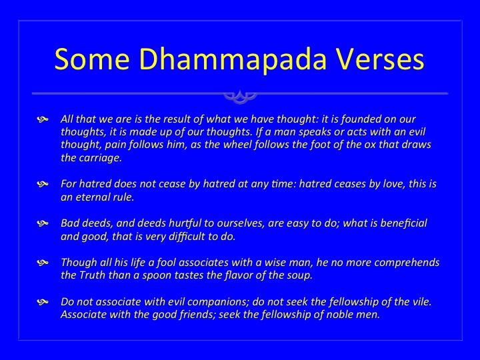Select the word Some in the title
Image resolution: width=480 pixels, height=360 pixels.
click(92, 59)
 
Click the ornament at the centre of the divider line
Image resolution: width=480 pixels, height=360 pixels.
click(240, 97)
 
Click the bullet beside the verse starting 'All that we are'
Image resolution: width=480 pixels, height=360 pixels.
click(43, 119)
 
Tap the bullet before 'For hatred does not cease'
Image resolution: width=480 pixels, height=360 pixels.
click(43, 184)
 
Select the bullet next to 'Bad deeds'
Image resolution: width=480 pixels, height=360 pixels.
click(43, 223)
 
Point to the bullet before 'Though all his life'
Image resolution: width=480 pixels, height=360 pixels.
click(43, 263)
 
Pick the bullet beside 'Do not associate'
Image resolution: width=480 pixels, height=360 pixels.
click(43, 302)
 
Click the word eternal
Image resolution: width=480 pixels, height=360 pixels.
click(93, 197)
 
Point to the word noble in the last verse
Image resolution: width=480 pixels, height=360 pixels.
click(340, 315)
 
